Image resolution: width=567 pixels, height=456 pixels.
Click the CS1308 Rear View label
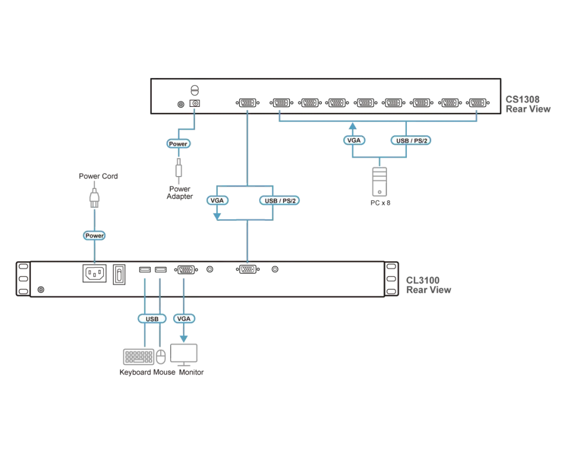coord(528,104)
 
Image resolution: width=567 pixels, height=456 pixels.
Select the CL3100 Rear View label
coord(429,285)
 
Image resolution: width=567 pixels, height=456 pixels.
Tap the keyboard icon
coord(138,357)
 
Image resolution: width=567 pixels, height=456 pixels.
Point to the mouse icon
coord(161,357)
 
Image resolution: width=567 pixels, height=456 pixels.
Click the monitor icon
coord(184,354)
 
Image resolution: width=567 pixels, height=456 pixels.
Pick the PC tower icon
coord(379,181)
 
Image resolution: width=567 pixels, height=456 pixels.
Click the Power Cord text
coord(99,176)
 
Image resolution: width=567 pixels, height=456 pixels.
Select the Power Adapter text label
coord(180,193)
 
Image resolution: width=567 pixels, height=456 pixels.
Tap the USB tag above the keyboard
coord(152,319)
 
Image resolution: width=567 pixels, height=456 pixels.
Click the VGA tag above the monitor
coord(184,318)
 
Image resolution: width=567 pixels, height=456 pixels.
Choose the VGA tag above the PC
coord(354,141)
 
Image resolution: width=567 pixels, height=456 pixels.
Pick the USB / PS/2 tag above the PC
coord(411,141)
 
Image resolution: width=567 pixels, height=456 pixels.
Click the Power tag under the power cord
coord(94,236)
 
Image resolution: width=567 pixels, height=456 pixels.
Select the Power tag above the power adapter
coord(178,144)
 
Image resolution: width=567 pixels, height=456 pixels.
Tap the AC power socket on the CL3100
coord(94,273)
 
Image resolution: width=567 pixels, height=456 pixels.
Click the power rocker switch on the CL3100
coord(119,275)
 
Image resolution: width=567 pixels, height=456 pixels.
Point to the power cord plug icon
coord(94,198)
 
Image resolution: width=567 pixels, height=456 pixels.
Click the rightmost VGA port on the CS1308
coord(478,103)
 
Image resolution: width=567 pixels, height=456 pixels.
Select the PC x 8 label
coord(380,203)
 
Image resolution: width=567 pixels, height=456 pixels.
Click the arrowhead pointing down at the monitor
coord(184,339)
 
